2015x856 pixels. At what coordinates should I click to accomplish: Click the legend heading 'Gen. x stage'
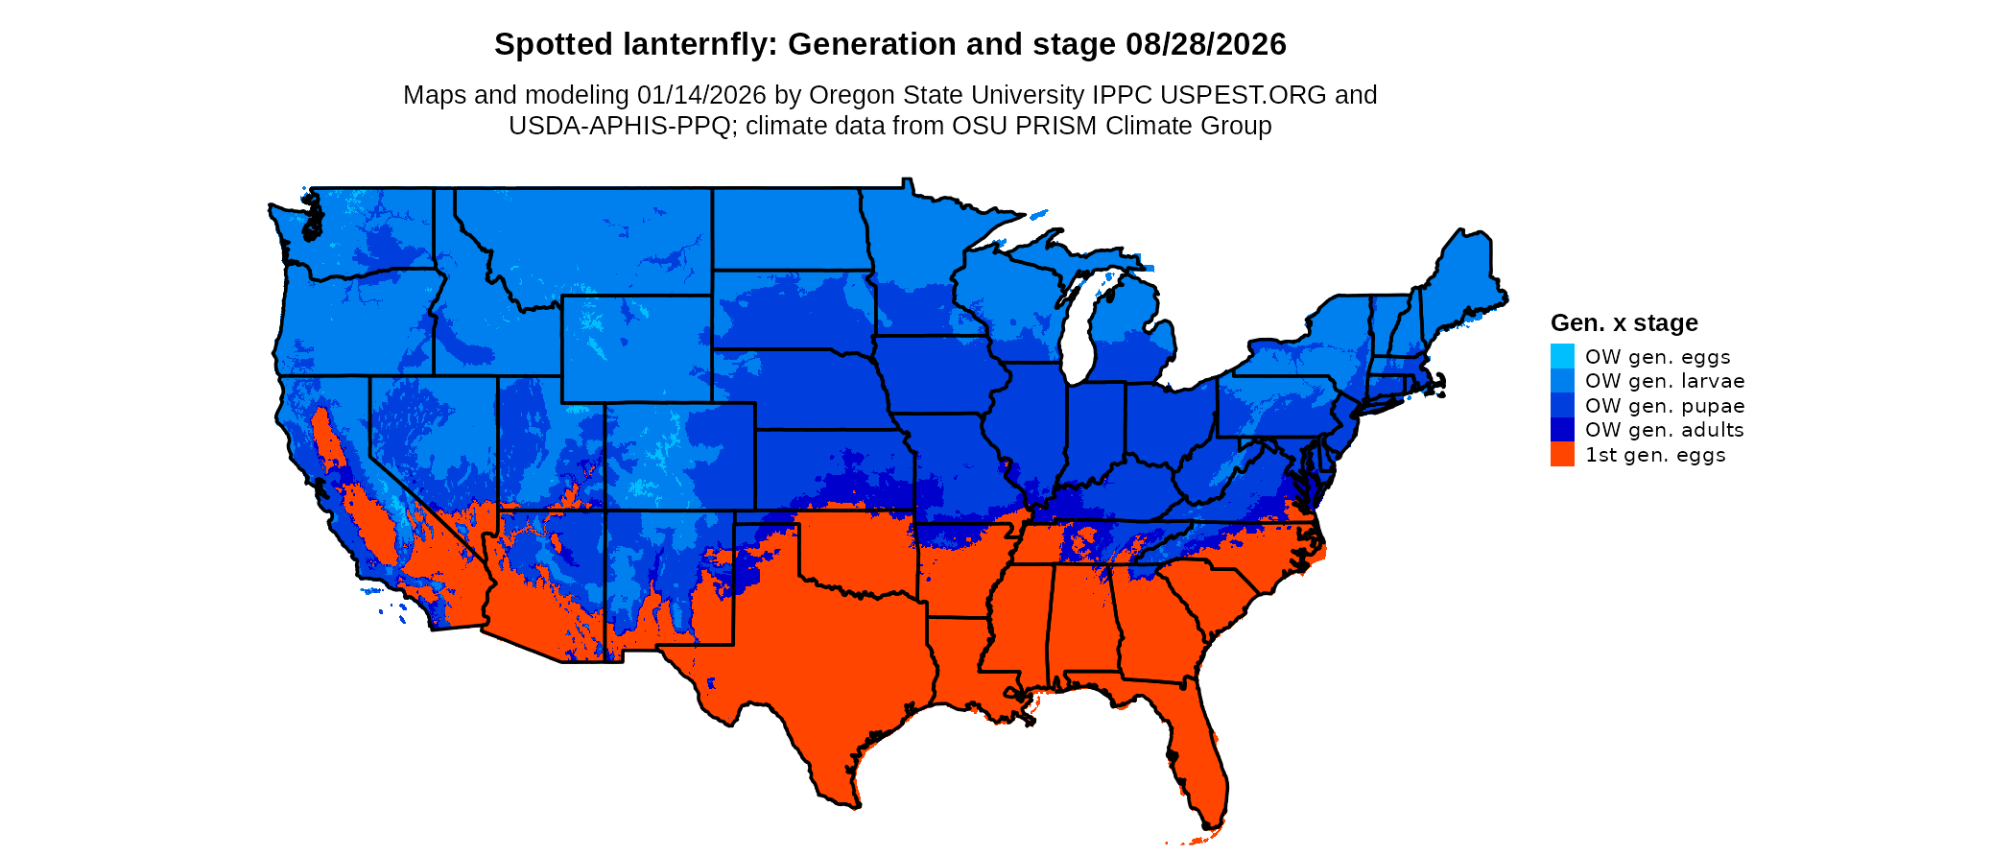point(1624,323)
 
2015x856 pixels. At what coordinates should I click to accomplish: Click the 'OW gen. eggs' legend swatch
point(1562,356)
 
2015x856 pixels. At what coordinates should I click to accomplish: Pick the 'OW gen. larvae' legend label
point(1664,381)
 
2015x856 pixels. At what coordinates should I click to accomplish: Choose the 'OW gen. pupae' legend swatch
point(1562,406)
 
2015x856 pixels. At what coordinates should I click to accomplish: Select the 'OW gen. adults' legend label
point(1664,430)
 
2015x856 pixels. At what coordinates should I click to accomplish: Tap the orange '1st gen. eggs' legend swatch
point(1562,455)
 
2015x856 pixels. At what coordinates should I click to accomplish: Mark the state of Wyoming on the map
point(635,347)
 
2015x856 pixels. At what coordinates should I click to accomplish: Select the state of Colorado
point(678,456)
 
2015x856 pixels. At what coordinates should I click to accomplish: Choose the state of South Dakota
point(792,309)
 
